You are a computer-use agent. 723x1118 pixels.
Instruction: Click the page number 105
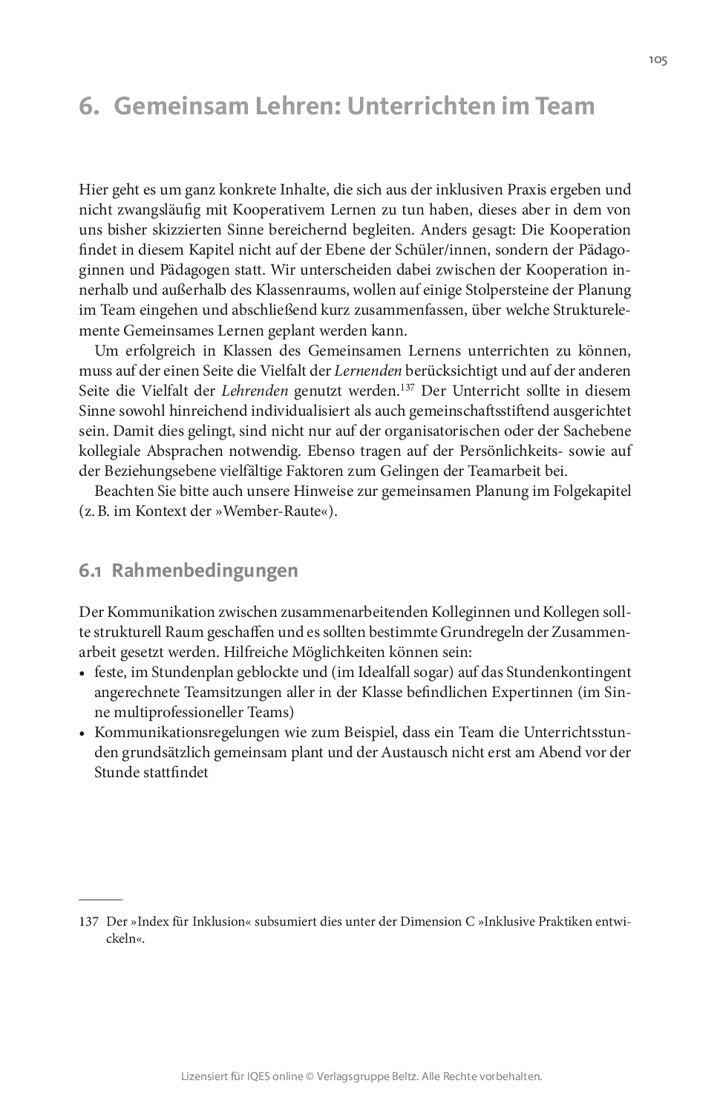tap(658, 60)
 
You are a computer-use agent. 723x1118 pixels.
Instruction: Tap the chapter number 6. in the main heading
tap(89, 106)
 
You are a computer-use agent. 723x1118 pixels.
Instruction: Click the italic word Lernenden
tap(367, 370)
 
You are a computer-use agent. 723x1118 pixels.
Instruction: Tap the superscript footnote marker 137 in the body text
tap(407, 386)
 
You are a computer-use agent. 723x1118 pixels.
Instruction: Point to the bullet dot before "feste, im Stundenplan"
tap(82, 673)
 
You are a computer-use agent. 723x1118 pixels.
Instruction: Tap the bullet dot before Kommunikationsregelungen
tap(82, 733)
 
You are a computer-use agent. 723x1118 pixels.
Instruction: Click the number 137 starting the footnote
tap(88, 921)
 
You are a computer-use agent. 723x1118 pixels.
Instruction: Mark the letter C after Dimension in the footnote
tap(469, 921)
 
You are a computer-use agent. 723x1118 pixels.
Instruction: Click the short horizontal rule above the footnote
tap(100, 899)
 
